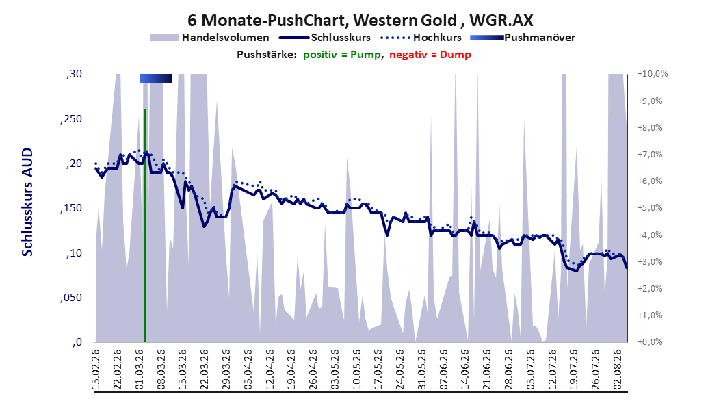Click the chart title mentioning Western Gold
pos(360,21)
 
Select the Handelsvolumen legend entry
pos(210,38)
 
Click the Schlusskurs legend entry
pos(325,38)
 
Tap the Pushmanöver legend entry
pos(523,38)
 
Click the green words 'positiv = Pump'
pos(341,55)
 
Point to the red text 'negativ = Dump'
pos(430,55)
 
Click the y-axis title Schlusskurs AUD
pos(27,202)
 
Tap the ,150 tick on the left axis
pos(71,208)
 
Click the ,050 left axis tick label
pos(71,298)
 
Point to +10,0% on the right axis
pos(653,74)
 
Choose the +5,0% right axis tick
pos(650,208)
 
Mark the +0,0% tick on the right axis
pos(650,342)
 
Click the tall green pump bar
pos(145,226)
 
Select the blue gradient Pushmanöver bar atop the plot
pos(156,78)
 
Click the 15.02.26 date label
pos(96,370)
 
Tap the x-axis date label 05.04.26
pos(248,370)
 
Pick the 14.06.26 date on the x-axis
pos(465,370)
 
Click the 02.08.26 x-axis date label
pos(618,370)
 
